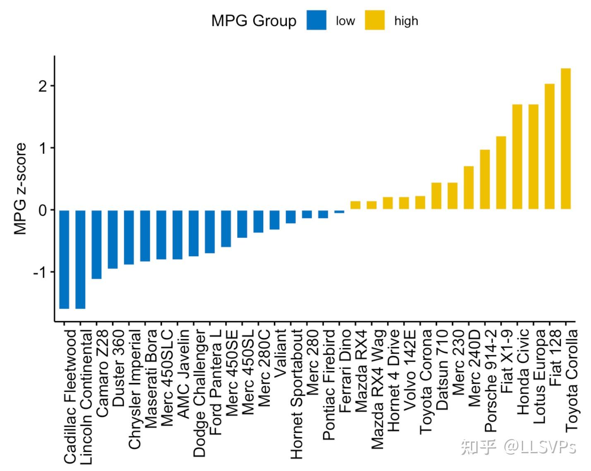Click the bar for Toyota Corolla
pos(565,139)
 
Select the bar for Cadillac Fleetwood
pos(64,259)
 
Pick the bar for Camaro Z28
pos(96,244)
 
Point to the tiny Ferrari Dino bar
pos(339,212)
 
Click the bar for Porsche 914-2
pos(485,179)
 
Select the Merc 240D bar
pos(468,188)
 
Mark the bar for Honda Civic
pos(517,157)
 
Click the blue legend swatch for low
pos(316,21)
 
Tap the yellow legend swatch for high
pos(375,21)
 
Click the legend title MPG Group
pos(254,21)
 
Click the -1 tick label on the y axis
pos(41,272)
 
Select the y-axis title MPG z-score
pos(20,189)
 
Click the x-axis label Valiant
pos(280,352)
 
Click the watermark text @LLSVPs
pos(539,447)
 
